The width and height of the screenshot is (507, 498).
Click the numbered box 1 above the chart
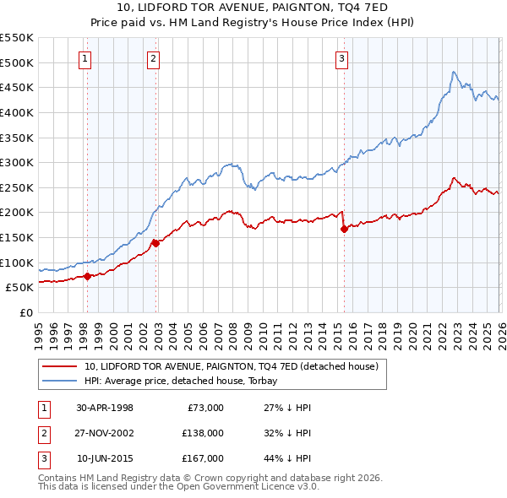click(x=87, y=58)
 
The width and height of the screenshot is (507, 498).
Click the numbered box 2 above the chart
click(x=152, y=58)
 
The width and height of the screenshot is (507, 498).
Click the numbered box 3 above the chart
click(x=341, y=58)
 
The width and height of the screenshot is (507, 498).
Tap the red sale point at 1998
click(x=88, y=276)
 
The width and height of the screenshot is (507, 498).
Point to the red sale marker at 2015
click(x=344, y=229)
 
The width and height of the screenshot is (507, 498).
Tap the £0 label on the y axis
click(x=26, y=312)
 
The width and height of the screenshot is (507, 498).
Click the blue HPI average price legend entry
click(x=186, y=381)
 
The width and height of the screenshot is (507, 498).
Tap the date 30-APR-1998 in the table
click(x=105, y=408)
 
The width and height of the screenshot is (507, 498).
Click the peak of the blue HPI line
click(x=454, y=72)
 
